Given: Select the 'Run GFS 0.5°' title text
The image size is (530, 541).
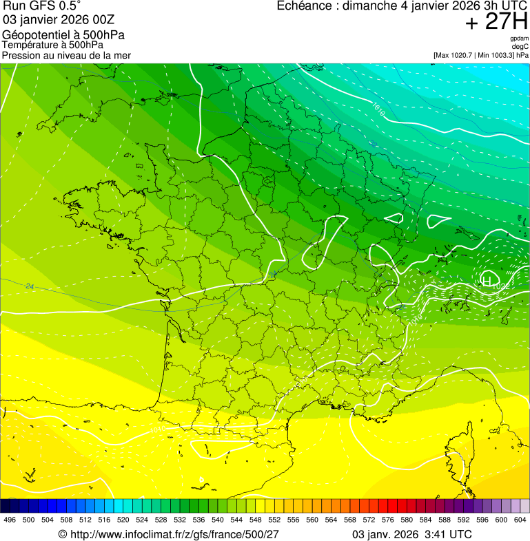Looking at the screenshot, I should [x=42, y=6].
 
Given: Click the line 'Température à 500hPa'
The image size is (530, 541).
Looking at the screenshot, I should [x=58, y=45].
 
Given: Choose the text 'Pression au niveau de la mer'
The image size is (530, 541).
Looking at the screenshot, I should [x=66, y=55].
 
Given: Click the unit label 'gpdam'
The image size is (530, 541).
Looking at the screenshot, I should [x=520, y=39].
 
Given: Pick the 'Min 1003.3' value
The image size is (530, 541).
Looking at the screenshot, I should [x=496, y=54].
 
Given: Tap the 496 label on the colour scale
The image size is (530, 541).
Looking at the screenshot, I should [x=10, y=520].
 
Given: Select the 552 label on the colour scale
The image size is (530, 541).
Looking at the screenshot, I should [x=274, y=520].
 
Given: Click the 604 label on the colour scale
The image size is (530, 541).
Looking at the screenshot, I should [x=520, y=520].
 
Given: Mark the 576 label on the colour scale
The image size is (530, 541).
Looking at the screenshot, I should [x=387, y=520].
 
